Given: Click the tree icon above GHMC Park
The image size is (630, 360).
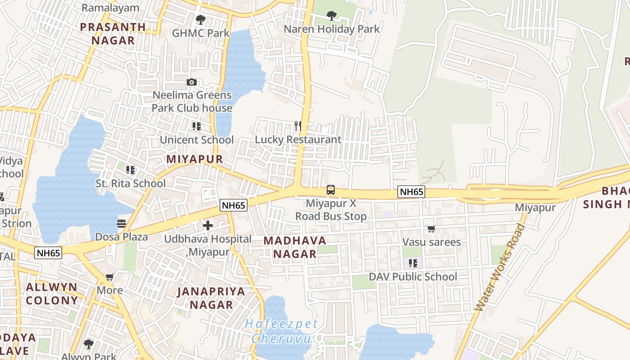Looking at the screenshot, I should (201, 20).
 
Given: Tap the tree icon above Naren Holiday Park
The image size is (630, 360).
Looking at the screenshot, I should (332, 16).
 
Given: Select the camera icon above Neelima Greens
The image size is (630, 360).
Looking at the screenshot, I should (192, 82).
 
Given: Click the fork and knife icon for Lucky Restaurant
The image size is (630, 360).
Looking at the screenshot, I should (297, 126).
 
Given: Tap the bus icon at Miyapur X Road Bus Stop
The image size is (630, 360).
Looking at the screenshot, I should (331, 190).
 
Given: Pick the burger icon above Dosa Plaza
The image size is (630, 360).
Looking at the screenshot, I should (121, 223).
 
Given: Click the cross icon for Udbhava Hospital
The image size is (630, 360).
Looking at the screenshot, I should (208, 225).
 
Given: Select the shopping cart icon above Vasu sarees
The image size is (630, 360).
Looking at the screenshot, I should (432, 229).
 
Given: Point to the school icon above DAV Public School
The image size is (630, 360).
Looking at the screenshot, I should (413, 263).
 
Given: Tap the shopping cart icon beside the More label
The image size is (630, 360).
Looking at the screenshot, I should (109, 277).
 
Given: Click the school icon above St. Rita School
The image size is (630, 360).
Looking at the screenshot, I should (130, 170).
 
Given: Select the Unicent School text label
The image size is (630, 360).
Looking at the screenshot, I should (197, 140).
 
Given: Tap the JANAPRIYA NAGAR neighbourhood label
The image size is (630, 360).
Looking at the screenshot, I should (211, 298).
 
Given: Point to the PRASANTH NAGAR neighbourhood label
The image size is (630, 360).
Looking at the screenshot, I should (113, 34).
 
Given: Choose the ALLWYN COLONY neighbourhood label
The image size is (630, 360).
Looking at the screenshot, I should (52, 294).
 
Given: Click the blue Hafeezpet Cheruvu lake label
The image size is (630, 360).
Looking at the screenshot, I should (282, 331).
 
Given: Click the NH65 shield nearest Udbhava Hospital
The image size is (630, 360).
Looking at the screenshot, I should (234, 206).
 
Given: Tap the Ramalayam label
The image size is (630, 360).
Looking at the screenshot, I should (110, 8).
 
